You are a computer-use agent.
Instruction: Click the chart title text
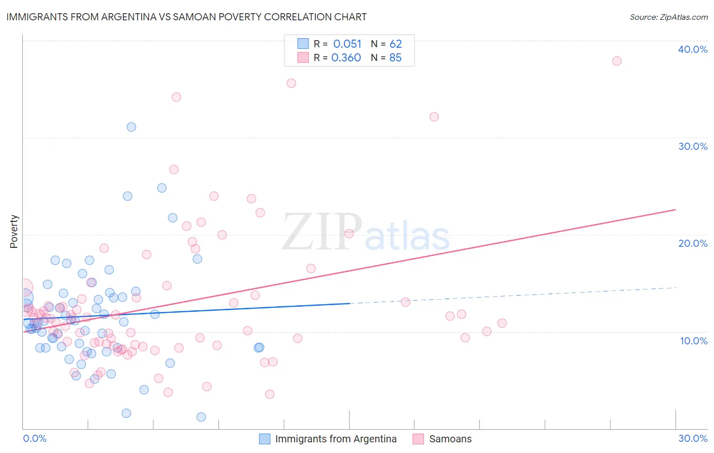click(x=186, y=17)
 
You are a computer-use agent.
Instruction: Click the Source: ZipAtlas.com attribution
click(x=668, y=17)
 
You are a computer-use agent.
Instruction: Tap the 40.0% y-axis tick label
click(x=693, y=49)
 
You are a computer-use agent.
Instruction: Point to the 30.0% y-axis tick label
click(x=693, y=146)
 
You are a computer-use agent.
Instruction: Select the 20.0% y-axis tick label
click(x=693, y=243)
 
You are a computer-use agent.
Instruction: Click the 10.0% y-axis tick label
click(x=693, y=341)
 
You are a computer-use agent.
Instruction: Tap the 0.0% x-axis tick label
click(x=35, y=438)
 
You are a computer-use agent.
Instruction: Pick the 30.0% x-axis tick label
click(x=693, y=438)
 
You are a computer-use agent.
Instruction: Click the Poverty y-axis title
click(x=14, y=232)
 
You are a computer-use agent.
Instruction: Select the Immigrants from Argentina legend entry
click(x=336, y=439)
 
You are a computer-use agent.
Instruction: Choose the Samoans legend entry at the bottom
click(x=450, y=439)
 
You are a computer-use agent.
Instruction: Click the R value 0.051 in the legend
click(x=347, y=44)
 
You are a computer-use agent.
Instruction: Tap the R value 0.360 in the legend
click(x=346, y=58)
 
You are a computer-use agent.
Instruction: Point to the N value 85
click(x=395, y=58)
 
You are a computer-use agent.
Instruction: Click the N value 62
click(x=396, y=44)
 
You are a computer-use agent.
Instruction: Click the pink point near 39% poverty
click(x=616, y=61)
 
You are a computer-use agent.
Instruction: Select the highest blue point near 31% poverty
click(x=131, y=127)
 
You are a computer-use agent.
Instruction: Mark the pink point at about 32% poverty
click(x=434, y=117)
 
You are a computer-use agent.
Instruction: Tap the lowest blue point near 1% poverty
click(x=201, y=417)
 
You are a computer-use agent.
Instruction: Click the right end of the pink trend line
click(x=675, y=210)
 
